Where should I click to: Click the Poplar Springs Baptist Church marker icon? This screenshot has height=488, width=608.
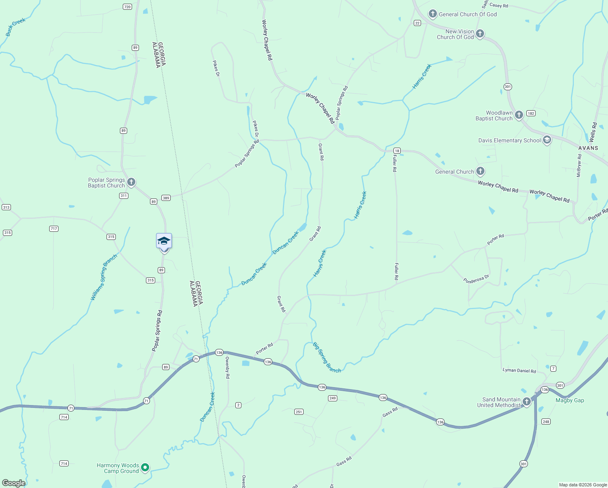coord(131,182)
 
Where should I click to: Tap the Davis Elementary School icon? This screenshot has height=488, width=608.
coord(547,140)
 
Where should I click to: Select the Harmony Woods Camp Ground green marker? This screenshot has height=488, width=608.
coord(145,468)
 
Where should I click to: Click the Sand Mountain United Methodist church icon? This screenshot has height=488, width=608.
coord(527,402)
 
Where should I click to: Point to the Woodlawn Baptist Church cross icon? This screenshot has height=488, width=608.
coord(519,115)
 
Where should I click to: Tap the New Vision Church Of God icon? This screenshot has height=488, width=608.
coord(480,34)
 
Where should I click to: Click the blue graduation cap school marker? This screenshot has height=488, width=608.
coord(164,241)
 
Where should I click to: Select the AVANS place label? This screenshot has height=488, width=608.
coord(588,148)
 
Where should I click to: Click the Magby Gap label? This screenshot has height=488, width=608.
coord(569,400)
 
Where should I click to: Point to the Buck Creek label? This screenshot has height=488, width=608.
coord(15,27)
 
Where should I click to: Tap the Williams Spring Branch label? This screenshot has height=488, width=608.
coord(104,278)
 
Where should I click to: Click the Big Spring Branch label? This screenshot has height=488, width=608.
coord(327,357)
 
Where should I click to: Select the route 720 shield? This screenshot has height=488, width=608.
coord(128,7)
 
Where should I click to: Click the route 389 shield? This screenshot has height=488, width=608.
coord(166,198)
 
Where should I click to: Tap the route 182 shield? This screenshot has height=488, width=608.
coord(531,113)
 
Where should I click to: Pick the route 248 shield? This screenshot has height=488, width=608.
coord(546,421)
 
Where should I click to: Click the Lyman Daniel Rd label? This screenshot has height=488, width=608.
coord(519,370)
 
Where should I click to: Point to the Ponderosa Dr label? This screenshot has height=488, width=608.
coord(476,279)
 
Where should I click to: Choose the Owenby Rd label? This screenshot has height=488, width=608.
coord(228,368)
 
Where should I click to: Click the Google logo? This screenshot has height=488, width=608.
coord(14,483)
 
